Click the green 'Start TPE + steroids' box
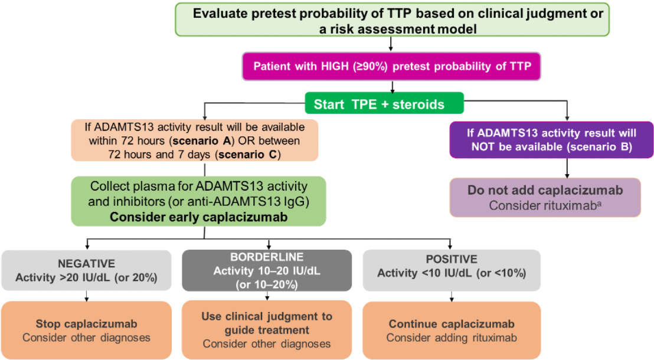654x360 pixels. [384, 104]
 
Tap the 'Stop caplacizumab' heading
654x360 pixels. [86, 324]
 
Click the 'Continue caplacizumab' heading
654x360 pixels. [452, 324]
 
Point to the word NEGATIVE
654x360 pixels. [86, 263]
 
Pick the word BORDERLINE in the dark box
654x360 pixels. [267, 257]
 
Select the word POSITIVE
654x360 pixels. [452, 260]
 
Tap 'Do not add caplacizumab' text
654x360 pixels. [545, 191]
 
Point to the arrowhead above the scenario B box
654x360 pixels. [567, 118]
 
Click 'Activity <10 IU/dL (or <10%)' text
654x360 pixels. [452, 273]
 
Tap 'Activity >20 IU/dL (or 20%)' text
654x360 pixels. [86, 277]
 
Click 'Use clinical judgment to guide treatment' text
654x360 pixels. [267, 323]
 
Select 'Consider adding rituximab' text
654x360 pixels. [452, 338]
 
